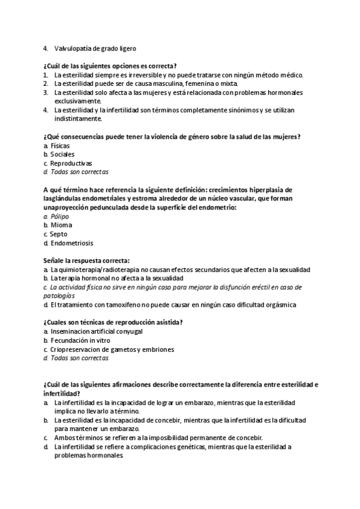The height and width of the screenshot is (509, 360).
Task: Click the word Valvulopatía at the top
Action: (73, 48)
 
